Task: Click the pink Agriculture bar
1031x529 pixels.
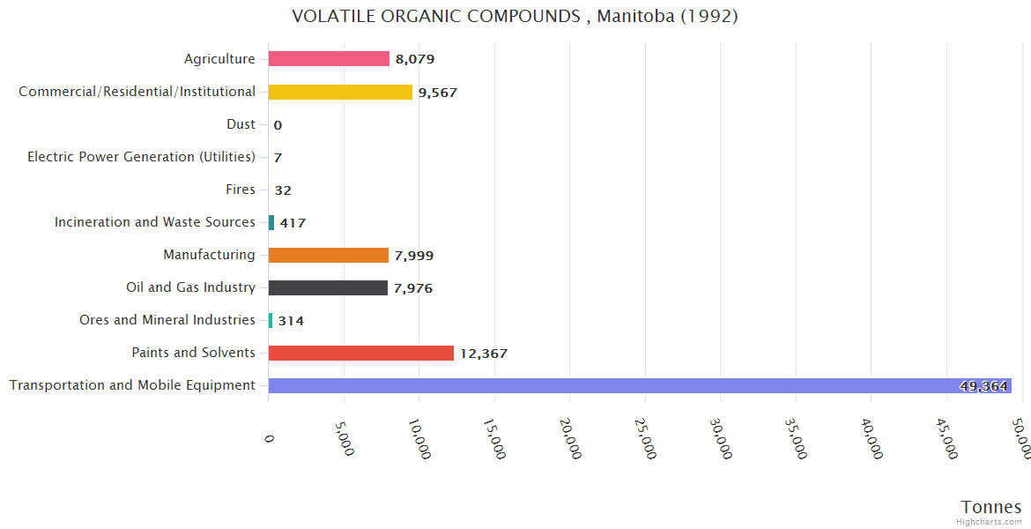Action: (x=329, y=59)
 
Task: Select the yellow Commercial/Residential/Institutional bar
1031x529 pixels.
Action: (x=340, y=92)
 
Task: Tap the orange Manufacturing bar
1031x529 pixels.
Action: (x=328, y=255)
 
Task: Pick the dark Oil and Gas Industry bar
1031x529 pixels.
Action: (x=328, y=287)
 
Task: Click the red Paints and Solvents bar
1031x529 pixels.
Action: (x=360, y=353)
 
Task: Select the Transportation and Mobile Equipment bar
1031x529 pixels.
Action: (x=639, y=385)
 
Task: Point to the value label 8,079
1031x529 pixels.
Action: (x=415, y=59)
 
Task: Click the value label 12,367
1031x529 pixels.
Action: (x=484, y=354)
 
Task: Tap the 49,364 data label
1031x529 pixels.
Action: (x=983, y=386)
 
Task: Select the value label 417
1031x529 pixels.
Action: (x=293, y=223)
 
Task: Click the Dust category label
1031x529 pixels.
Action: (x=241, y=124)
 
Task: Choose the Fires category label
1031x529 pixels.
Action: (x=241, y=190)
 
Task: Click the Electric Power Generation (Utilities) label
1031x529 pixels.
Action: (x=141, y=157)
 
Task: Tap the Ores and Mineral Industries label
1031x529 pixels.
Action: (x=167, y=320)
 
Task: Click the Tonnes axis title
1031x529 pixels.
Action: (x=991, y=507)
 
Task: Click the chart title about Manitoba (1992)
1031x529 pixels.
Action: (x=515, y=16)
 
